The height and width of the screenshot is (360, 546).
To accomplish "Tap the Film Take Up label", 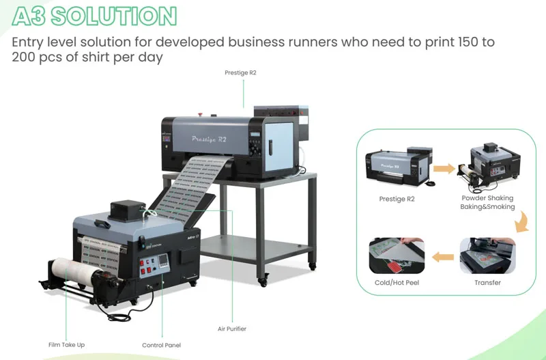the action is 67,344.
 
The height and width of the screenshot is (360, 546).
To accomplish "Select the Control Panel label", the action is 161,345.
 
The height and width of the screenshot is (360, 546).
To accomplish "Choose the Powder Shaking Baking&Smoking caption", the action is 487,202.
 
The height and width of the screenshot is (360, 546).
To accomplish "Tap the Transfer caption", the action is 487,282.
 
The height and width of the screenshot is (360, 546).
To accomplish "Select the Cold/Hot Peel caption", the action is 397,282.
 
